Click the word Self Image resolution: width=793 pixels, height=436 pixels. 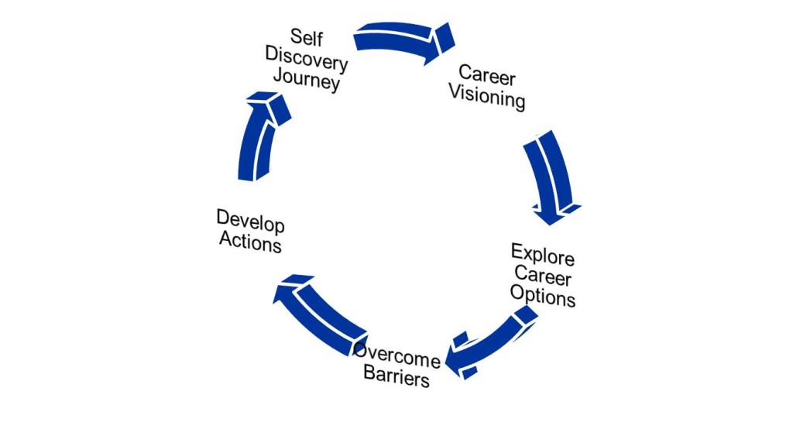coord(307,36)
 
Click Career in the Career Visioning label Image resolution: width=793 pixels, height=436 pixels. coord(487,75)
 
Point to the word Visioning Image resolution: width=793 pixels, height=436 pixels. coord(487,98)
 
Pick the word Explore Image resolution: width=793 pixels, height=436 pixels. coord(542,255)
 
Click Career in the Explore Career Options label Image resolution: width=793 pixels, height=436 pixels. coord(542,275)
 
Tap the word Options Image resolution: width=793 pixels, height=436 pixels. coord(542,296)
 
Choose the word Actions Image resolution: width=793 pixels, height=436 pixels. coord(249,242)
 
